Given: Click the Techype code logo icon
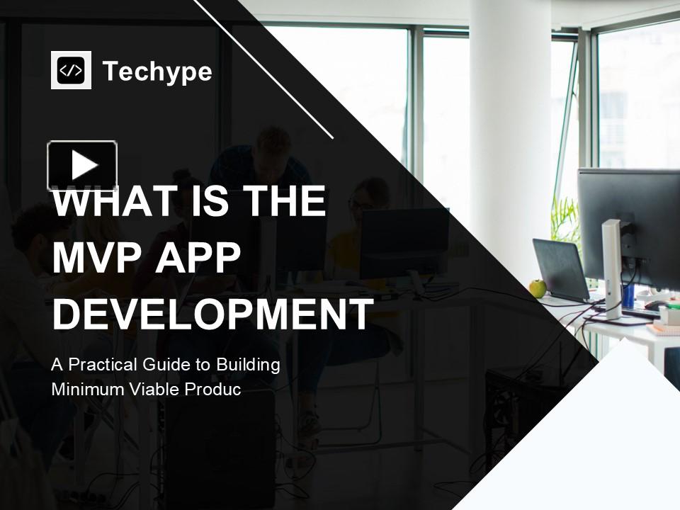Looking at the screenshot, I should tap(71, 70).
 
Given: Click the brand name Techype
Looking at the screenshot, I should tap(157, 72).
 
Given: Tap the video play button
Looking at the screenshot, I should tap(82, 166).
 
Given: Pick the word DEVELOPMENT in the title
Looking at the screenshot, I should tap(212, 314).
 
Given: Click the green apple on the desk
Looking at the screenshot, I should tap(538, 288).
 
